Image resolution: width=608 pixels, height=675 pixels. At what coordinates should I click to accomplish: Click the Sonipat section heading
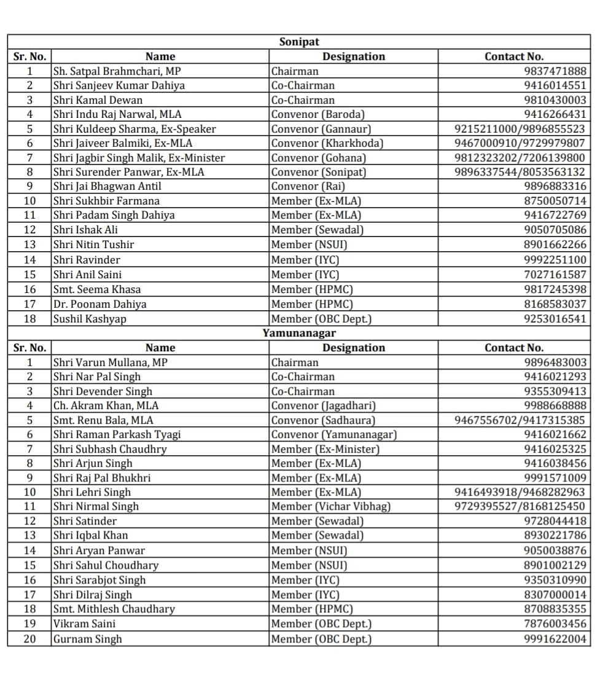point(299,42)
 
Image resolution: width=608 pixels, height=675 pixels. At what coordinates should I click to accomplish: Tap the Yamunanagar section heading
point(299,333)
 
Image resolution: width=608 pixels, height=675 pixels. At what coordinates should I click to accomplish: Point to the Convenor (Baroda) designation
point(318,114)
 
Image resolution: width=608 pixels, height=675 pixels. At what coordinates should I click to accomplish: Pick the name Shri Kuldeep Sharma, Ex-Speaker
point(134,129)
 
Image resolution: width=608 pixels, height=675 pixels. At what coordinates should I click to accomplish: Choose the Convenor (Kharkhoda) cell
point(327,143)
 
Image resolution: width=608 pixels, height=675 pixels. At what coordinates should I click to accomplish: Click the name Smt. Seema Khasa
point(97,289)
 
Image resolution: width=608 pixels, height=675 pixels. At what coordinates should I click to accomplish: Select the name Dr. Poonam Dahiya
point(99,304)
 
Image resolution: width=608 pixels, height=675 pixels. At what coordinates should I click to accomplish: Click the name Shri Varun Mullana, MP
point(110,362)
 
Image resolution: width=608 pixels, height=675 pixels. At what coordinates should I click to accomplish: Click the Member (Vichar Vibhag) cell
point(331,506)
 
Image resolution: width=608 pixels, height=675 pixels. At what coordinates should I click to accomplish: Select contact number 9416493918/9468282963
point(520,492)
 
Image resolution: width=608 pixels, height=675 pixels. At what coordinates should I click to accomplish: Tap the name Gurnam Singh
point(87,639)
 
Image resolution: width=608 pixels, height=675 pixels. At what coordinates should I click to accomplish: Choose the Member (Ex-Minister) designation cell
point(325,449)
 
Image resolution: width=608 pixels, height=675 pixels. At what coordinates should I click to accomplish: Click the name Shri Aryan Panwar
point(99,550)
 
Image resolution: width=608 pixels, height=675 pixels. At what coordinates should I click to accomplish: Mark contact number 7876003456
point(555,623)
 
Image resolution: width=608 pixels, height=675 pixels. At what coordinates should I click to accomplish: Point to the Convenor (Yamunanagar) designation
point(334,434)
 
